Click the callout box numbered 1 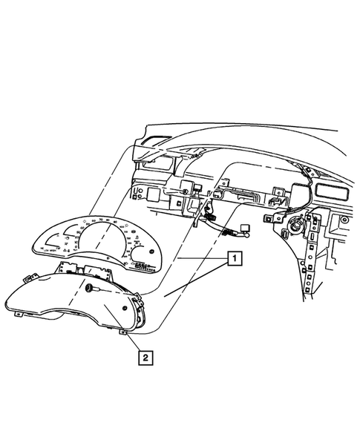[234, 259]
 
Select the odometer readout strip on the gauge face [140, 263]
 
